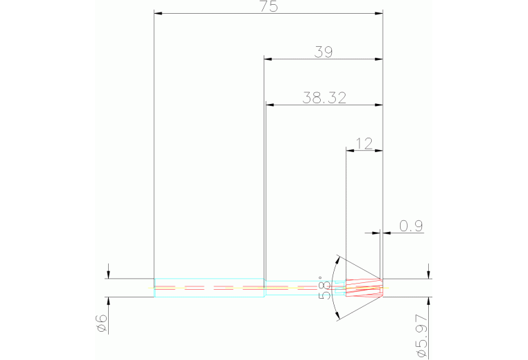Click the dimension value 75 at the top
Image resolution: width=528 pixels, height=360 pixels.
click(268, 7)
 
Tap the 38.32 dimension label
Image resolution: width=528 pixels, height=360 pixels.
click(324, 98)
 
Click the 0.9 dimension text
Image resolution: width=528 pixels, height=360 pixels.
click(410, 226)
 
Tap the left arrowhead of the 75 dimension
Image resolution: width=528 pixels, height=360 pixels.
click(158, 13)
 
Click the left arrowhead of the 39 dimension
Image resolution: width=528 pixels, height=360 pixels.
click(268, 59)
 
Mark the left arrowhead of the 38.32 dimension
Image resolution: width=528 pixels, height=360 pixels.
click(270, 105)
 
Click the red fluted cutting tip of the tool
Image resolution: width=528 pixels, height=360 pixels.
click(363, 287)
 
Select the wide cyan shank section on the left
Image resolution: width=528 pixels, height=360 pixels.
click(209, 287)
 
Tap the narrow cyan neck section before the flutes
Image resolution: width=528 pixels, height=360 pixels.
click(305, 287)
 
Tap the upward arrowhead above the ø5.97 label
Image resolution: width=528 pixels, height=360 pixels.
click(429, 301)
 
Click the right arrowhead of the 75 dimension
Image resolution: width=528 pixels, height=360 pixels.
click(379, 13)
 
